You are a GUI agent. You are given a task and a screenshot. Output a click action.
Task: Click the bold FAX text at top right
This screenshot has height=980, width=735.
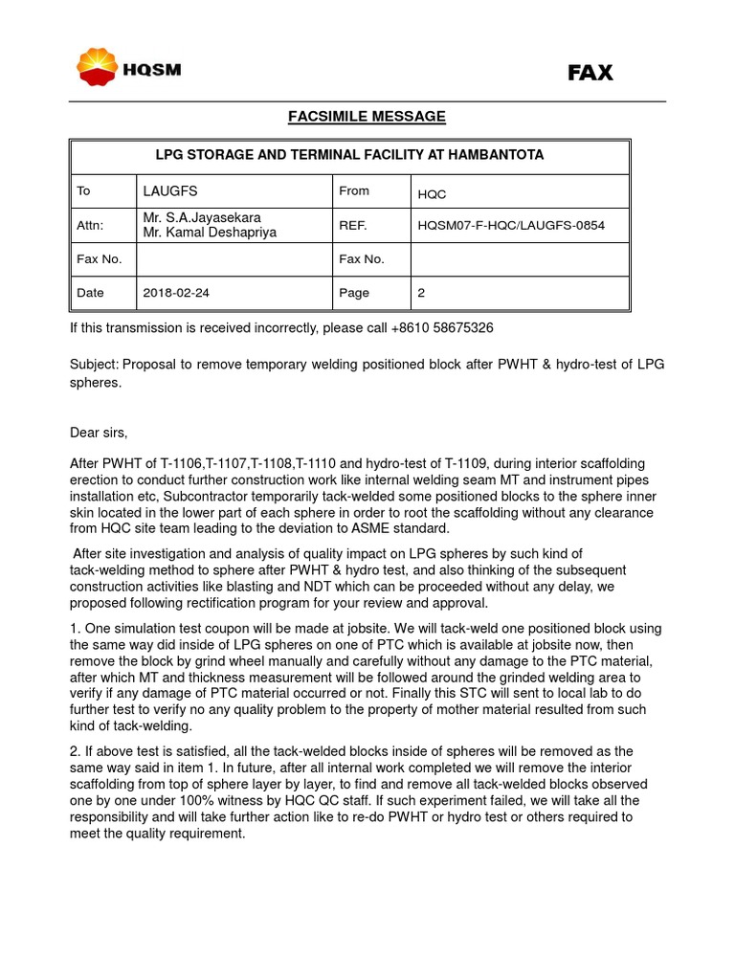click(590, 73)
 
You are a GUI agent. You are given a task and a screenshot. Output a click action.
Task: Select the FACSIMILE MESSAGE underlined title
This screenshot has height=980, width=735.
click(367, 117)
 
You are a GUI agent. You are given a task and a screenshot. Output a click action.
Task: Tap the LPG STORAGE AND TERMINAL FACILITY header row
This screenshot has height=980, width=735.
click(350, 155)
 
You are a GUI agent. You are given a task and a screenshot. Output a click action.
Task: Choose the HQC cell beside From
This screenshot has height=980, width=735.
click(433, 193)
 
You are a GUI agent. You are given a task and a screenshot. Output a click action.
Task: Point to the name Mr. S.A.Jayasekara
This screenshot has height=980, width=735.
click(202, 217)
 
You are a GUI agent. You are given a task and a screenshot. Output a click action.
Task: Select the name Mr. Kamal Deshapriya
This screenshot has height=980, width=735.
click(210, 233)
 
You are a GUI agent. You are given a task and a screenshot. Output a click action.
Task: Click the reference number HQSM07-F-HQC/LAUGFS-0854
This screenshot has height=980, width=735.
click(511, 226)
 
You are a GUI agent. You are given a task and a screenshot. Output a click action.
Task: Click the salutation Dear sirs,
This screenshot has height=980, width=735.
click(99, 432)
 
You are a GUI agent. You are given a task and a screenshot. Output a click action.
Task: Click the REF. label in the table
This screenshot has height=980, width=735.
click(352, 226)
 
